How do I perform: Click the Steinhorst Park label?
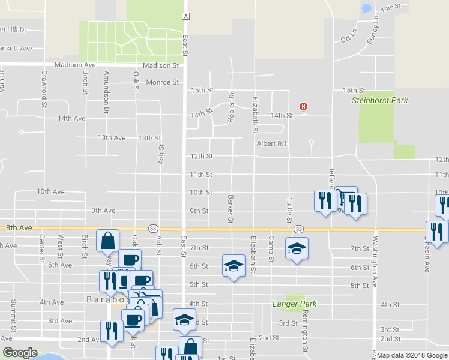[379, 100]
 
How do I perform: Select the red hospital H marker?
[304, 107]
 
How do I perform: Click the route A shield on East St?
[187, 16]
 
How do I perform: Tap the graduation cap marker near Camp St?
[297, 248]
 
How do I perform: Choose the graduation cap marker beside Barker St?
[234, 266]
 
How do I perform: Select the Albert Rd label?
[271, 143]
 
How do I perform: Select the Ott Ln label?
[349, 38]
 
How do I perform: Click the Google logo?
[20, 353]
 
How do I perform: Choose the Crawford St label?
[44, 85]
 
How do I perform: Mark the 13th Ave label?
[112, 137]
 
